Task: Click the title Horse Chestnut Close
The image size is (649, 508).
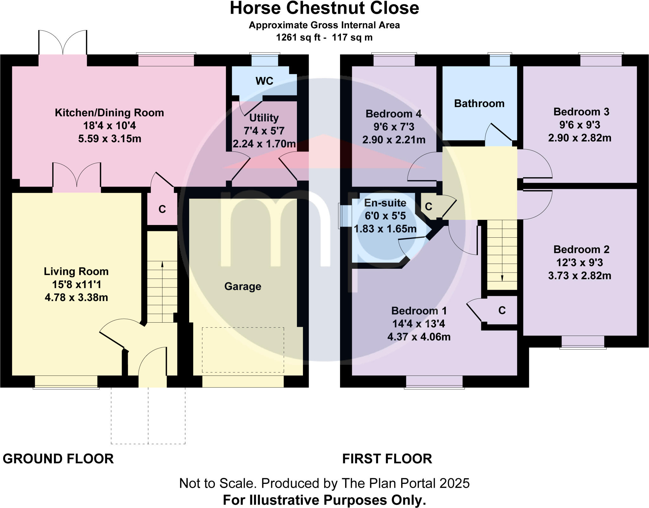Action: (324, 9)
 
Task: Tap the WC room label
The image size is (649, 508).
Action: (264, 81)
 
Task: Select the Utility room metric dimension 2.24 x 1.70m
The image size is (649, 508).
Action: (264, 144)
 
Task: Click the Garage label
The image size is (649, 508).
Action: (243, 286)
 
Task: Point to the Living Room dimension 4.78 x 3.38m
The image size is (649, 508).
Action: (76, 298)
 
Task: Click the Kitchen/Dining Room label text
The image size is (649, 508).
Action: (109, 113)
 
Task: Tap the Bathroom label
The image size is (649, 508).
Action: (479, 104)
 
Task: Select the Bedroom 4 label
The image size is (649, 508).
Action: (394, 114)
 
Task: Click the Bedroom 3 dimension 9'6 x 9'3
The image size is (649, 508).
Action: (580, 125)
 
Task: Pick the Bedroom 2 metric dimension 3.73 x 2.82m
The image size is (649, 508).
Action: (580, 276)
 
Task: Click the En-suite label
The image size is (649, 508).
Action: (385, 203)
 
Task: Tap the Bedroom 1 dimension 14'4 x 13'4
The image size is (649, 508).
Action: (419, 324)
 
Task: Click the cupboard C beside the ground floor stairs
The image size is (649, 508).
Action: (162, 209)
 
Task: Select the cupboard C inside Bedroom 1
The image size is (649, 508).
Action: (502, 311)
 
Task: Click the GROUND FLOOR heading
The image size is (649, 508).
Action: (58, 459)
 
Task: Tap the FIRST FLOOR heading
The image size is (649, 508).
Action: (387, 459)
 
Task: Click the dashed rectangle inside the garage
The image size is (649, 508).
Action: (243, 350)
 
